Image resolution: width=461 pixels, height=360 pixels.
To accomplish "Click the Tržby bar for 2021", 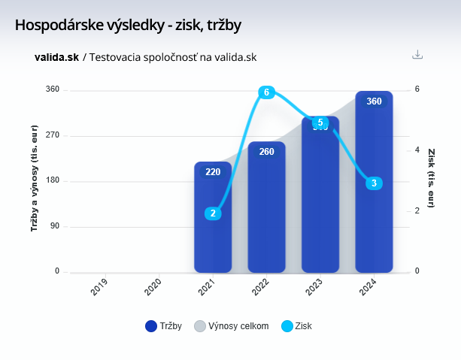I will [x=213, y=225].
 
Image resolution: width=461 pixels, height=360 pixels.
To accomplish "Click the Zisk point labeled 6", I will [x=265, y=92].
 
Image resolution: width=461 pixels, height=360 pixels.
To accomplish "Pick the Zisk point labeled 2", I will [x=213, y=213].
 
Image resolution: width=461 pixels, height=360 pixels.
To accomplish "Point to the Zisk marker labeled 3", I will [x=374, y=183].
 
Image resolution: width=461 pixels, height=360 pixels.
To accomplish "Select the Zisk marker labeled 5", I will [x=320, y=123].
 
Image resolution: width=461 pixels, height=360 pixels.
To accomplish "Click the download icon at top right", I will [x=418, y=54].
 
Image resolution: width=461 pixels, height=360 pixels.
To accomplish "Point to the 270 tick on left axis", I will [x=52, y=135].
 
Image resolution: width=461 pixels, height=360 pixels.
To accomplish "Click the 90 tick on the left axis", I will [x=54, y=226].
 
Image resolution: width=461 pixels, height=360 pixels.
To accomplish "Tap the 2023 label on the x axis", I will [x=314, y=289].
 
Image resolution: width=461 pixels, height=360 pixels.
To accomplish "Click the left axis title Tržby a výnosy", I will [x=34, y=180].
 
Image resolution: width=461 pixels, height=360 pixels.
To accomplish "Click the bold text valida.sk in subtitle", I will [x=56, y=57].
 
